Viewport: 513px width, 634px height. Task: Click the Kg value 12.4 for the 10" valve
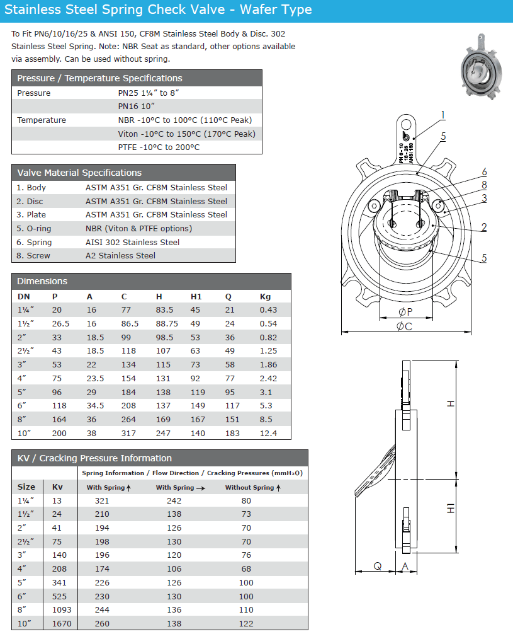click(268, 433)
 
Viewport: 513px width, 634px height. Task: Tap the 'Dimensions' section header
click(42, 281)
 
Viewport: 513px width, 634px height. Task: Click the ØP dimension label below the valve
click(405, 311)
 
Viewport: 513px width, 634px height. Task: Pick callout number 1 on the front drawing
click(443, 115)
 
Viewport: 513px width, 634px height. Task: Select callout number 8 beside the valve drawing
click(484, 185)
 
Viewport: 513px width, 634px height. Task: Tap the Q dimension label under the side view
click(377, 566)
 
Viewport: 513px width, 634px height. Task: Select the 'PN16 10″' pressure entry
click(136, 106)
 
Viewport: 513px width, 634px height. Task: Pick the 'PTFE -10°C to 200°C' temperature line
click(159, 147)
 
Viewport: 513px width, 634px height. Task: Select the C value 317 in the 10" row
click(128, 433)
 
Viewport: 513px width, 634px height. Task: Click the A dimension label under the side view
click(405, 566)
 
